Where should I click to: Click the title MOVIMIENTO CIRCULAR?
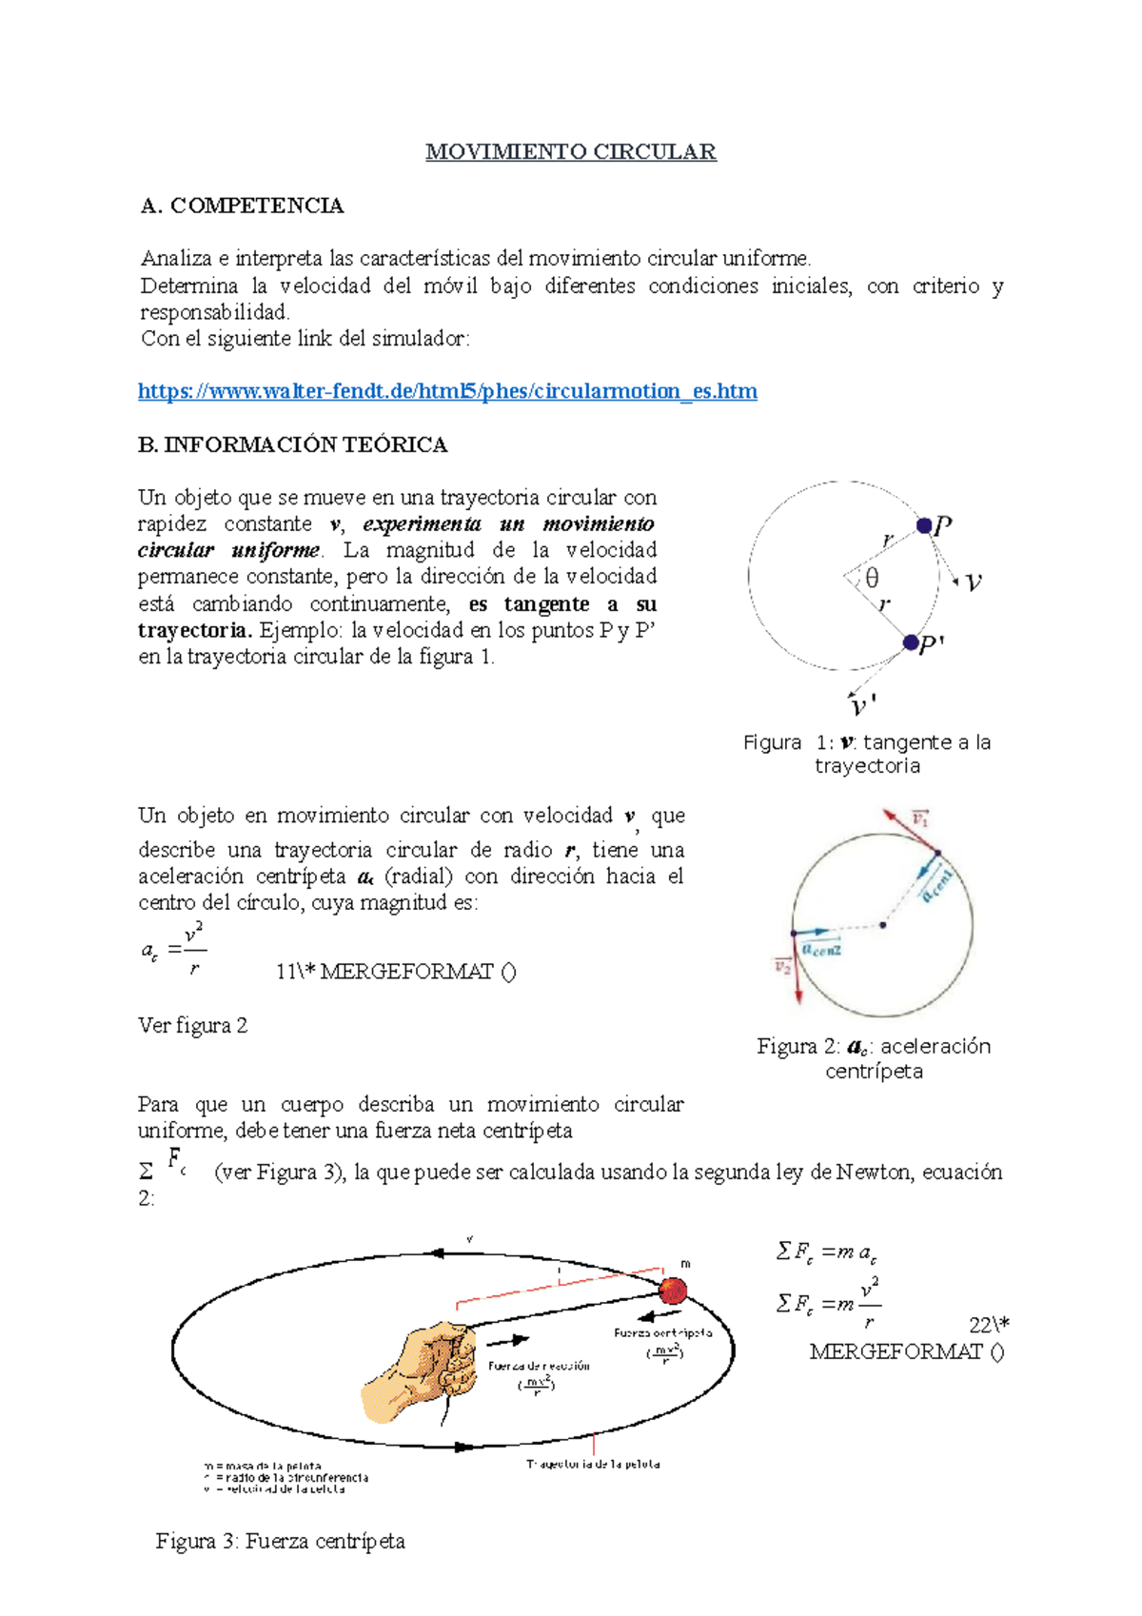click(570, 152)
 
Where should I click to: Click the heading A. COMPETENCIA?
click(242, 206)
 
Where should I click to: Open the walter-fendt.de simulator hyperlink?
click(447, 391)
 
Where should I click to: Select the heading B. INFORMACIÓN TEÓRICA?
click(292, 444)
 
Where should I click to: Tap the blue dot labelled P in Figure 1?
click(924, 525)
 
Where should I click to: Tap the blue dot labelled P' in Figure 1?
click(911, 642)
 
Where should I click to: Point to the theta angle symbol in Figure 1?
click(871, 578)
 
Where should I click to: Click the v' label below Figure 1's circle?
click(861, 706)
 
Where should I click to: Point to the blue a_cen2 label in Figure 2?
click(821, 949)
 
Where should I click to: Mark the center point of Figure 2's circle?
click(883, 924)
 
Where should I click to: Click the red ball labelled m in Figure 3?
click(673, 1291)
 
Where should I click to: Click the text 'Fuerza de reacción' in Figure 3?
click(539, 1366)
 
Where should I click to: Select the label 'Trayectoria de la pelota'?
click(593, 1464)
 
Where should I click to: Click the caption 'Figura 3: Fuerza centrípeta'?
click(281, 1542)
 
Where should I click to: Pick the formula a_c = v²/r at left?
click(173, 949)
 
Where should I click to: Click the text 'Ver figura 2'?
click(192, 1026)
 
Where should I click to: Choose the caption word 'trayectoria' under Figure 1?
click(867, 766)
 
